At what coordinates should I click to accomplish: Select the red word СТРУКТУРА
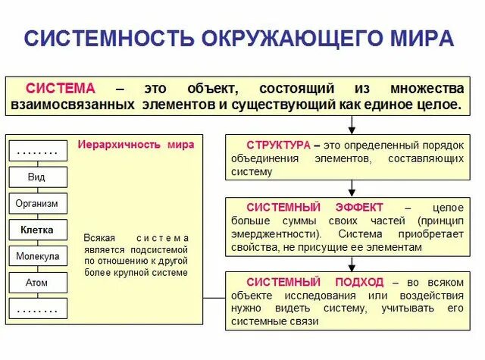(x=277, y=144)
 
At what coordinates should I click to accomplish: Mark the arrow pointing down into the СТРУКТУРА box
(x=352, y=125)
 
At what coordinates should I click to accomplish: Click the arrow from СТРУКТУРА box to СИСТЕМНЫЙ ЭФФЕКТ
(x=352, y=188)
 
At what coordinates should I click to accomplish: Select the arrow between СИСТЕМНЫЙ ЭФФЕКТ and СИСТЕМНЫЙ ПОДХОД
(x=352, y=262)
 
